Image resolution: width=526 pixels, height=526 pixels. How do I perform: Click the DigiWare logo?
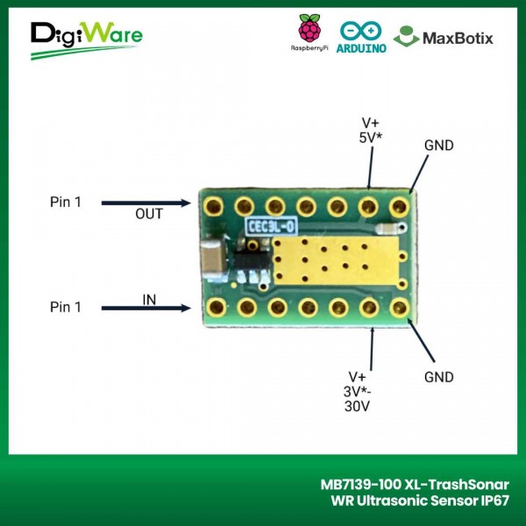pos(86,38)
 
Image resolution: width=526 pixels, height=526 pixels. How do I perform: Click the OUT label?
pos(149,214)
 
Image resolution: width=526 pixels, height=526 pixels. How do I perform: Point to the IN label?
pos(150,300)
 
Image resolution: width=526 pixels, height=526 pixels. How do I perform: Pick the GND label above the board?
pos(438,145)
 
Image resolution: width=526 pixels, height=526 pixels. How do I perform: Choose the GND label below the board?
pos(437,377)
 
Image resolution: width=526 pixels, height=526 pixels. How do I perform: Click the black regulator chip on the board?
pos(248,260)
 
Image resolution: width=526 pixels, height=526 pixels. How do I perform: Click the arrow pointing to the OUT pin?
pos(146,203)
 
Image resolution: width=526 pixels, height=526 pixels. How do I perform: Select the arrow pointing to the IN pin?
pos(146,308)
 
